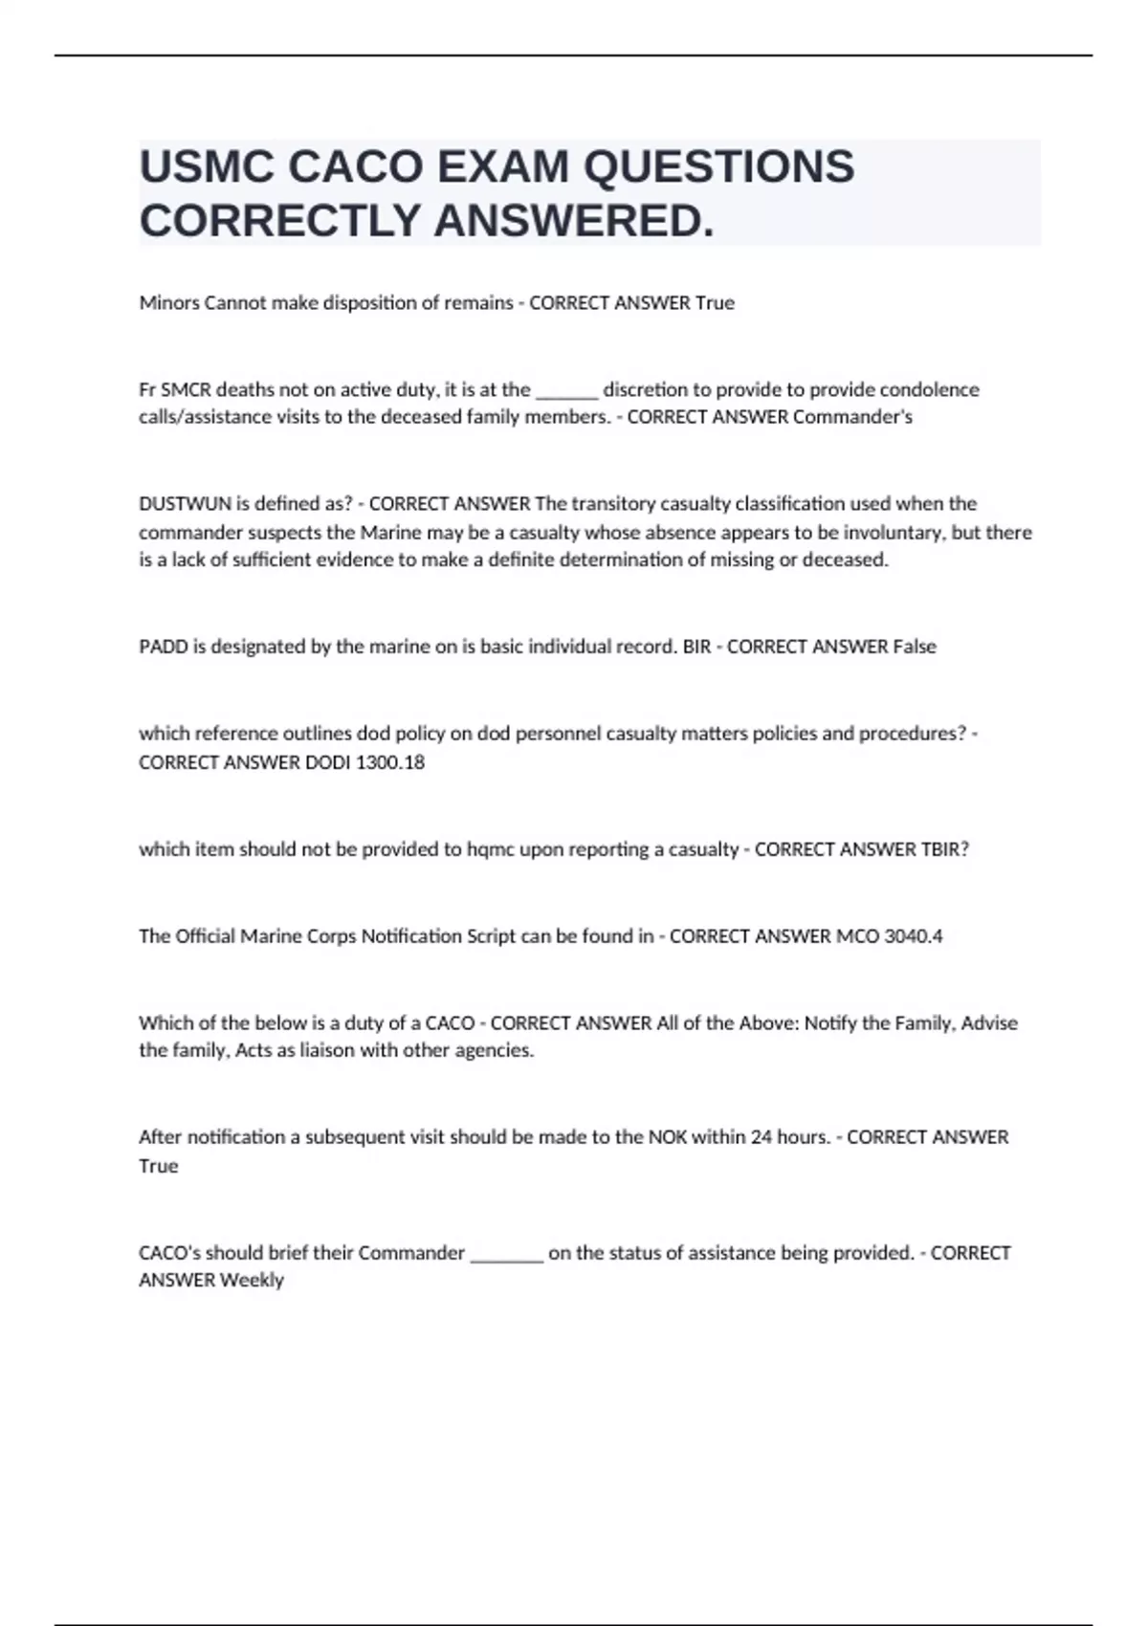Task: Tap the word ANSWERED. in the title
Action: (574, 221)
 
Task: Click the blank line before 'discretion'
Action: (567, 391)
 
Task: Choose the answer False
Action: (915, 647)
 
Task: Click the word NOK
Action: (668, 1137)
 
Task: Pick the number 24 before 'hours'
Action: (762, 1137)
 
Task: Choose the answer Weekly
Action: (252, 1280)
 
